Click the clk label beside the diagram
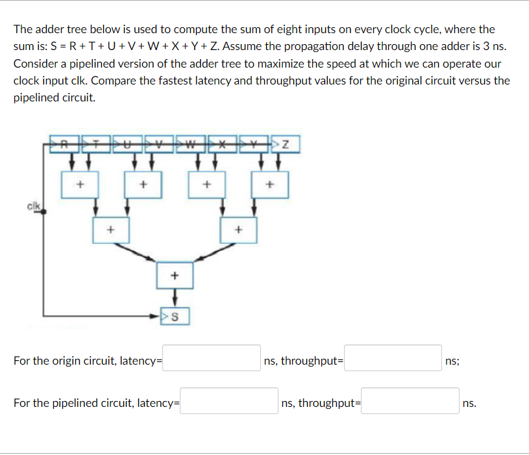[32, 207]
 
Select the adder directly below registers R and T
[80, 185]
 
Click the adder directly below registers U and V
[143, 185]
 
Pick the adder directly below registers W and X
[206, 185]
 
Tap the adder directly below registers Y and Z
[270, 185]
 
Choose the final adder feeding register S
[174, 275]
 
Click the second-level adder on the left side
[111, 229]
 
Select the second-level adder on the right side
[238, 229]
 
